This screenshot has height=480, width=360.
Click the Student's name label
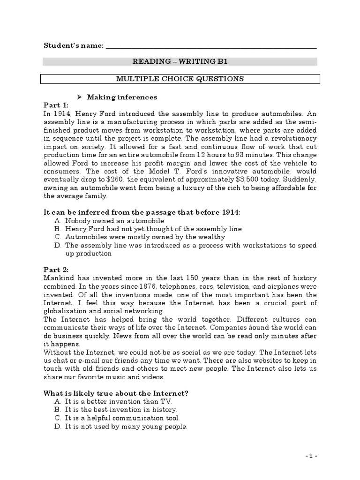click(73, 45)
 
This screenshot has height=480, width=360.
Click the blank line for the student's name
click(211, 46)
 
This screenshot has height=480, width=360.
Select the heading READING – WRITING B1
click(180, 61)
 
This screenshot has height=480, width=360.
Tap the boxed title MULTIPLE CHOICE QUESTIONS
click(180, 79)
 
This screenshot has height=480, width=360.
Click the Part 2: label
click(56, 270)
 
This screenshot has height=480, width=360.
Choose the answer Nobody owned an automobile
click(114, 220)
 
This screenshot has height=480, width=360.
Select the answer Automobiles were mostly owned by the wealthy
click(144, 237)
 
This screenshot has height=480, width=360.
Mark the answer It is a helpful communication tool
click(122, 418)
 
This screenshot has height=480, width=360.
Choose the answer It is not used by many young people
click(126, 426)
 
